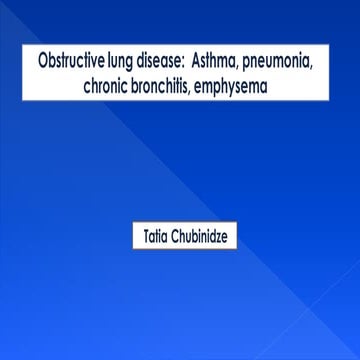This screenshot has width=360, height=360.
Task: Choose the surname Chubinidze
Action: pos(206,239)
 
